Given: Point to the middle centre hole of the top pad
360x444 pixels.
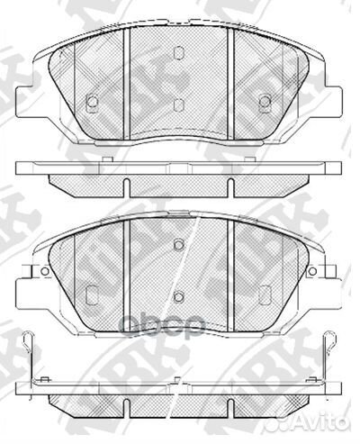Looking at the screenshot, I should [x=178, y=104].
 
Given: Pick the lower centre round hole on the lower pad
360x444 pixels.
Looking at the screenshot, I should [x=178, y=297].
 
